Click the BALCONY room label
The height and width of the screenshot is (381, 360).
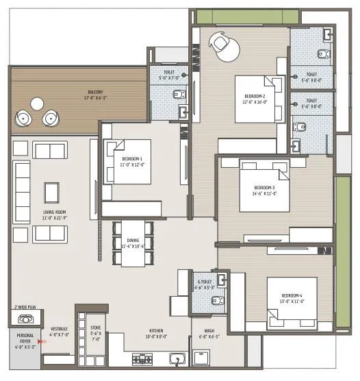96,93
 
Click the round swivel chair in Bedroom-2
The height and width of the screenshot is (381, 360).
222,43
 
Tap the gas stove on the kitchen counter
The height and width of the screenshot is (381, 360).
142,358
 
